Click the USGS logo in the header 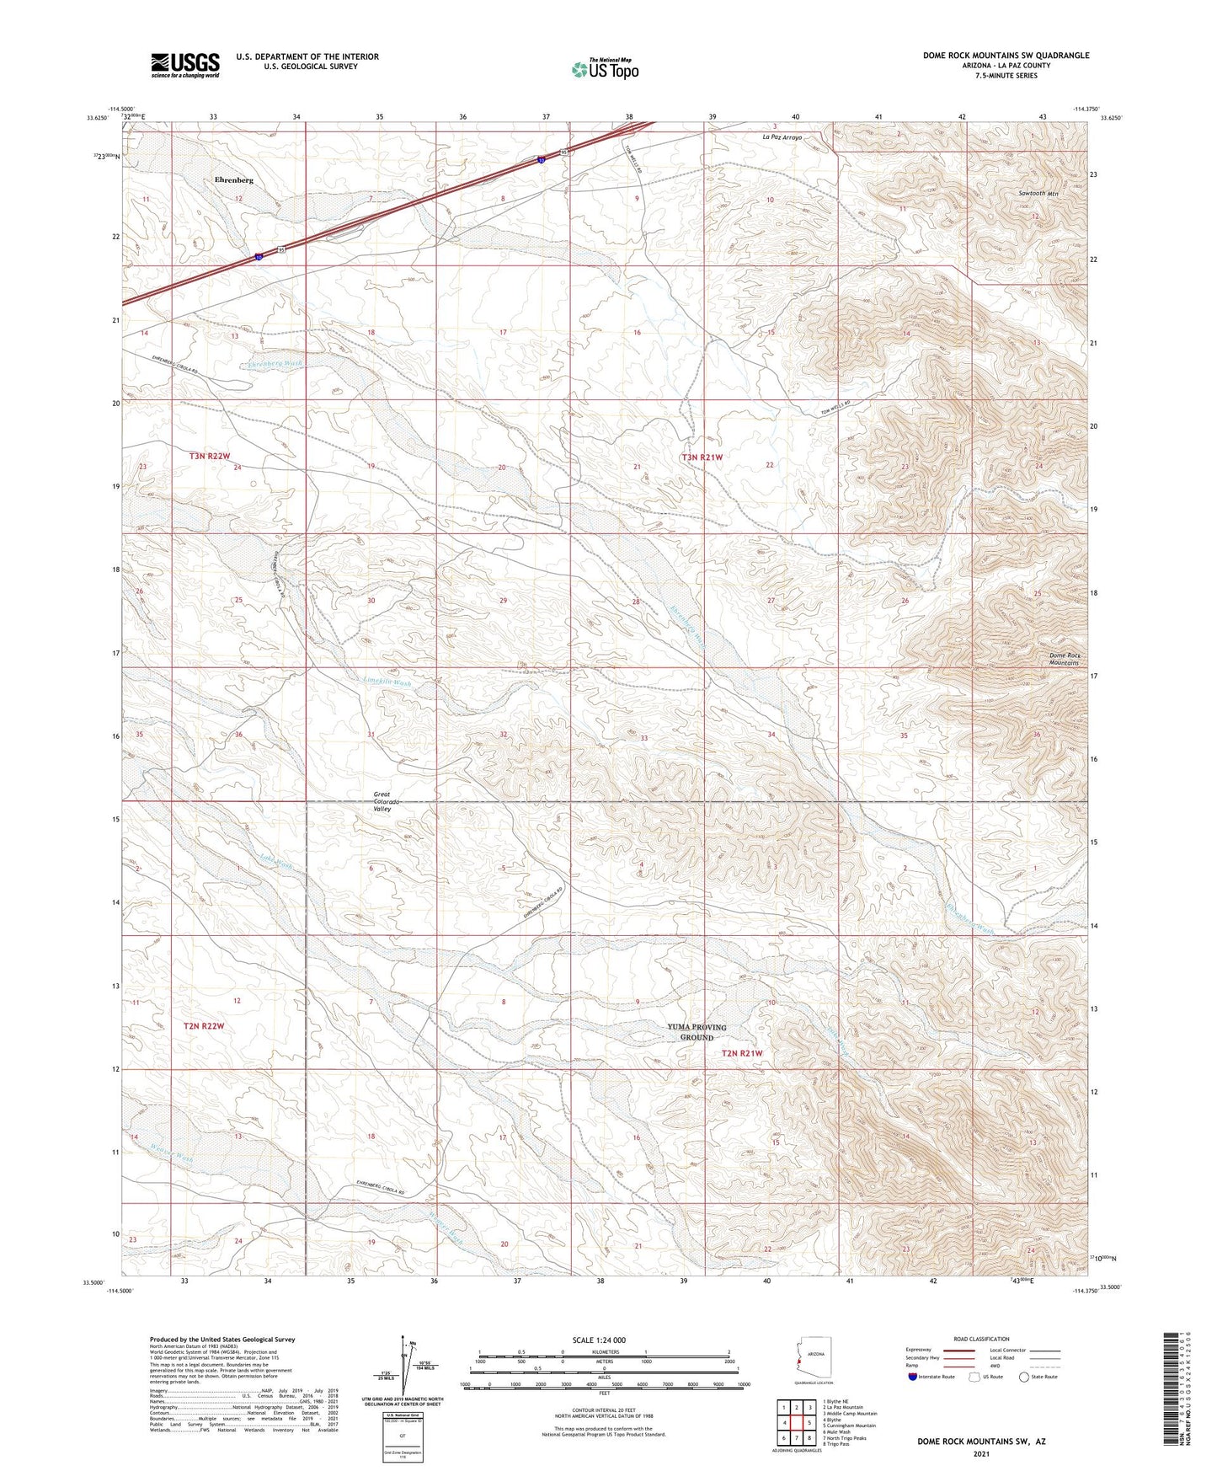coord(185,65)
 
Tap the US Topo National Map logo coord(604,69)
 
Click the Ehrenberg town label coord(233,180)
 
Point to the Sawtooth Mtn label coord(1038,194)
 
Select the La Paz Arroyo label coord(782,136)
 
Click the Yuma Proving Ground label coord(697,1032)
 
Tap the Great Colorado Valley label coord(382,801)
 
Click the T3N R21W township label coord(702,457)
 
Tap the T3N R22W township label coord(209,456)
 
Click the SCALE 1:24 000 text coord(598,1340)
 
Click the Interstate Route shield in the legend coord(913,1377)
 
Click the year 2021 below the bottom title coord(980,1453)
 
